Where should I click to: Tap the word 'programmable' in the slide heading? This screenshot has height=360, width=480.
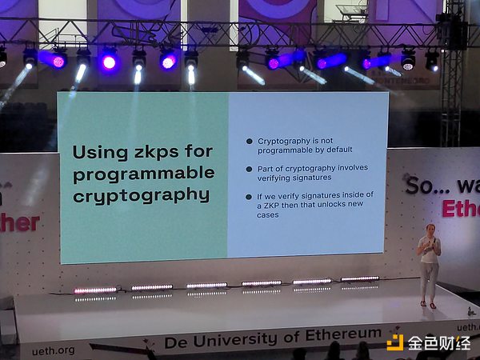143,173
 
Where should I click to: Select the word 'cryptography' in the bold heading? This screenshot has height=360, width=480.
142,194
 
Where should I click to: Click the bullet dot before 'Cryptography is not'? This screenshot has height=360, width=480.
250,141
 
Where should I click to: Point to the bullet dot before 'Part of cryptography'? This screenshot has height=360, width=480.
250,168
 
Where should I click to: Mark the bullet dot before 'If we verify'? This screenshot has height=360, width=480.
250,195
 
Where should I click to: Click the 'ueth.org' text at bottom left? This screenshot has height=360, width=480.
54,350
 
